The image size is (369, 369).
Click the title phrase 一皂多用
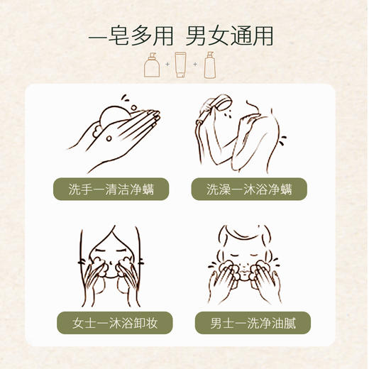(x=131, y=35)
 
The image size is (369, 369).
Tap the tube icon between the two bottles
(x=180, y=65)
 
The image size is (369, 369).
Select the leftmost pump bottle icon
(x=152, y=65)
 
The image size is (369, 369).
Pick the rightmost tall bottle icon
(x=209, y=65)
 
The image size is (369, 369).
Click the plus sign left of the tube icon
(x=167, y=65)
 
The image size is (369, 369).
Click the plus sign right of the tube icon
(x=195, y=65)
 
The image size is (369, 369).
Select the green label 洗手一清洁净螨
(x=111, y=189)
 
